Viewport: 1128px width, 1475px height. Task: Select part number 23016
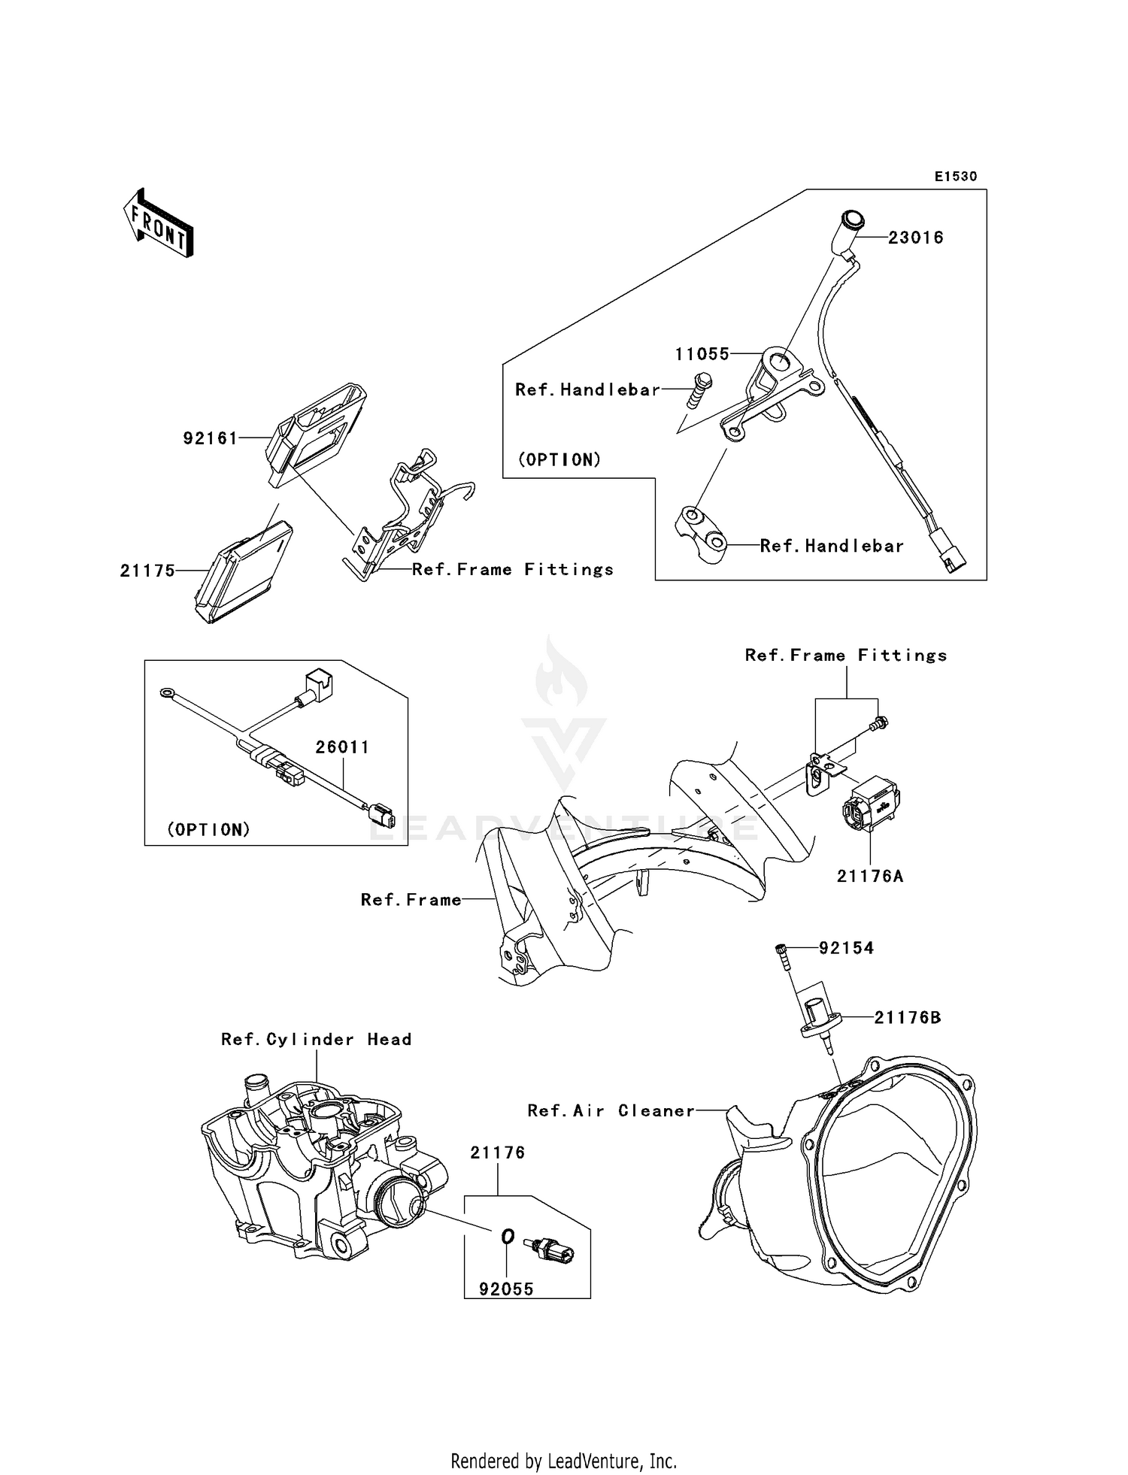[915, 238]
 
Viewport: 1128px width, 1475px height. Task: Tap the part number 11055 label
[702, 354]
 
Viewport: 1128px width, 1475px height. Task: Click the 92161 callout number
[211, 438]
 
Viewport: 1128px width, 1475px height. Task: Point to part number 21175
[147, 571]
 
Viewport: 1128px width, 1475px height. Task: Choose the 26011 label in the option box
[342, 747]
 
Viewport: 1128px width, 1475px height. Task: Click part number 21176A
[870, 877]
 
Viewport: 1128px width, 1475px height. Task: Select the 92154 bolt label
[846, 948]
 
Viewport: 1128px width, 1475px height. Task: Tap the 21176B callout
[907, 1018]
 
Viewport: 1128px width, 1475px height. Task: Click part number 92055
[506, 1289]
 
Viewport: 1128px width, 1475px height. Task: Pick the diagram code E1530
[955, 177]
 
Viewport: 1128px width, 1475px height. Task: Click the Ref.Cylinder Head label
[316, 1040]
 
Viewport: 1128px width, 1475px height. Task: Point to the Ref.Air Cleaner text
[611, 1111]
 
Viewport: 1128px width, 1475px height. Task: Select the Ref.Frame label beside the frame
[411, 900]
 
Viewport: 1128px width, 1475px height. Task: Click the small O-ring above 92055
[508, 1236]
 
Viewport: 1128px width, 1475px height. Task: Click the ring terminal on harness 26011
[163, 691]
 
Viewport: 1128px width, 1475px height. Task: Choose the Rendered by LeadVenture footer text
[563, 1461]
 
